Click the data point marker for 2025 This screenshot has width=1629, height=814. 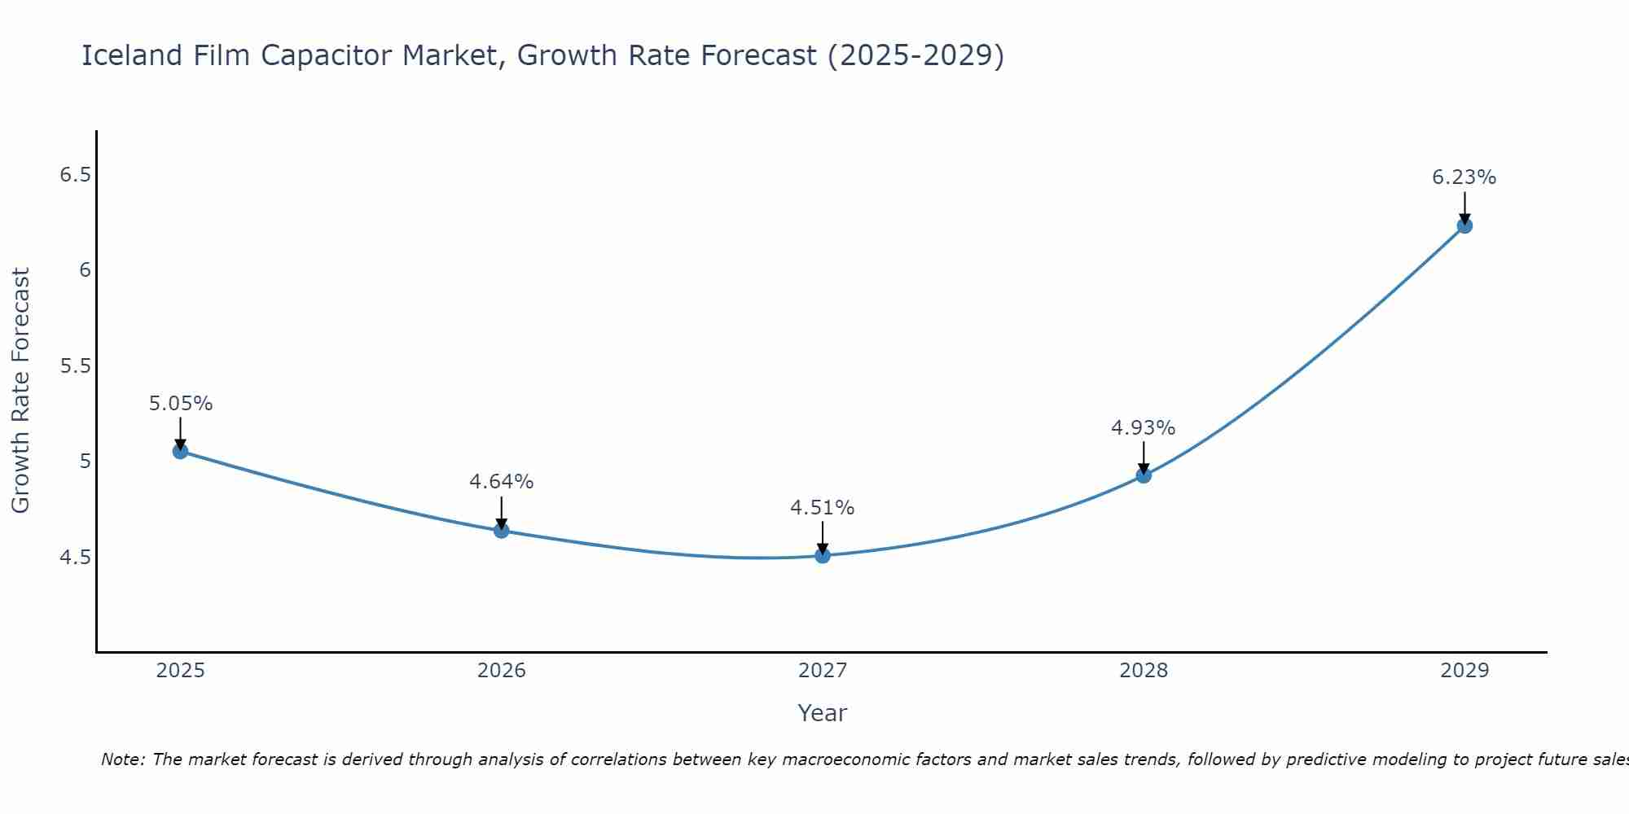tap(180, 451)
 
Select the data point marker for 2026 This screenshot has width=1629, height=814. tap(501, 531)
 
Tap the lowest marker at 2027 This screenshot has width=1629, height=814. tap(823, 555)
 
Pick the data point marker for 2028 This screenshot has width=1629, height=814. tap(1144, 475)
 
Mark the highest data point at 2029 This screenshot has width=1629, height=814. tap(1464, 225)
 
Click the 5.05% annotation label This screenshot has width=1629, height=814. tap(181, 404)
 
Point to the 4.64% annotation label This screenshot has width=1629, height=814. tap(501, 482)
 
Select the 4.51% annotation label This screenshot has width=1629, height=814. tap(822, 508)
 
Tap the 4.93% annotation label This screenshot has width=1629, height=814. tap(1143, 428)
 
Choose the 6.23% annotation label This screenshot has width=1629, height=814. tap(1464, 177)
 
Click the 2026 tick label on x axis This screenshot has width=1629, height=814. tap(501, 671)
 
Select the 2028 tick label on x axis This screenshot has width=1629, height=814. tap(1144, 671)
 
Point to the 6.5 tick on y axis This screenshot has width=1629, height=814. tap(75, 175)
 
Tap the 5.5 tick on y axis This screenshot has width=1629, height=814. tap(75, 366)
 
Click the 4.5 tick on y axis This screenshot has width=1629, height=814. tap(75, 558)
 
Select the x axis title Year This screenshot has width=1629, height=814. tap(822, 713)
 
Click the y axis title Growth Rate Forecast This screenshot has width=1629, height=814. tap(21, 391)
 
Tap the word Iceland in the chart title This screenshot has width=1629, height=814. tap(132, 56)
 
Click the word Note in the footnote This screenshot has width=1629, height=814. tap(121, 759)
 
